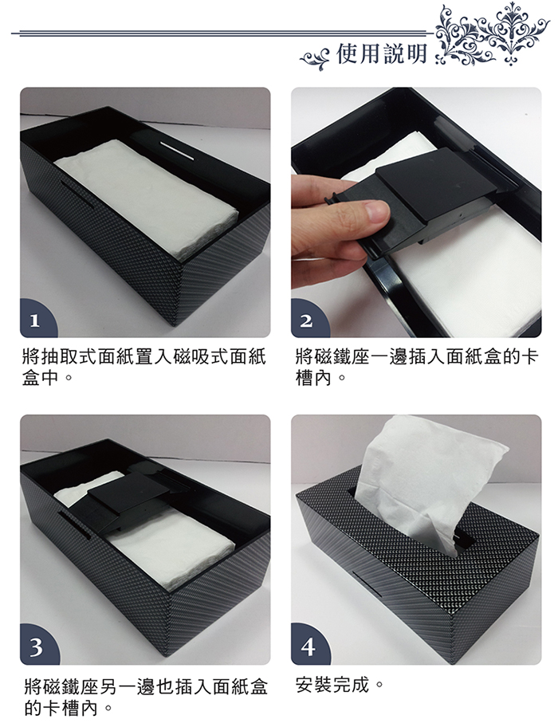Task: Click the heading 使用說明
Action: [381, 54]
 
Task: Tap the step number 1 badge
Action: [37, 320]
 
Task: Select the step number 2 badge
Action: [308, 320]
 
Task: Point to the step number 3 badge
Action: [37, 646]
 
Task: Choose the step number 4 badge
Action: [308, 646]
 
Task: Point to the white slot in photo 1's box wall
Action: [177, 152]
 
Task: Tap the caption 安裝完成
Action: [332, 686]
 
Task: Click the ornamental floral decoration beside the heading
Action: [492, 36]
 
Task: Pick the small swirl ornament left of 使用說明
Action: [315, 58]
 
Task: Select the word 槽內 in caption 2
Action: [313, 378]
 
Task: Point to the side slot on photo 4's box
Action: [367, 584]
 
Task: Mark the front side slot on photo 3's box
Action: [76, 525]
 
